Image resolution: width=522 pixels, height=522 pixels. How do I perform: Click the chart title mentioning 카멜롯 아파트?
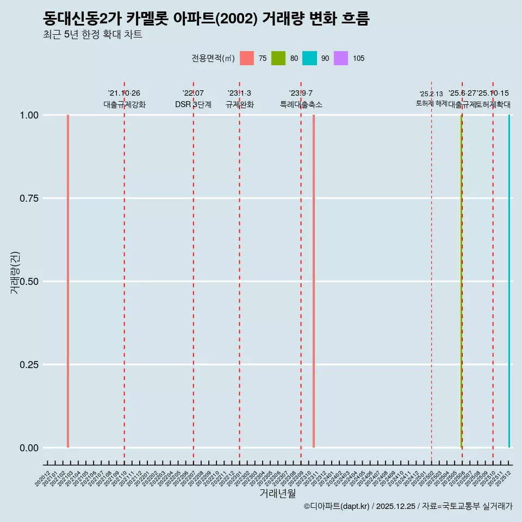(206, 19)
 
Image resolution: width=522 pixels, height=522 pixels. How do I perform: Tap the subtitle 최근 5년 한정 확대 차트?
(92, 35)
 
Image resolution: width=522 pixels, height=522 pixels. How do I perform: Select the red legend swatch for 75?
(247, 58)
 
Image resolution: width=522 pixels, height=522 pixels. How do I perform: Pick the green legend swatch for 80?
(278, 58)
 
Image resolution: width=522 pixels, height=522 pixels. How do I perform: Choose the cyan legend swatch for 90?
(309, 58)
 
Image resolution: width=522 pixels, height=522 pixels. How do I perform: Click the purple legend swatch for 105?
(341, 58)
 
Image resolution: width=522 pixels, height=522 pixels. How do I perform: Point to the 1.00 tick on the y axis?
(28, 115)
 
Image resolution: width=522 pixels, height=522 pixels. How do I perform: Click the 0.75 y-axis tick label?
(28, 198)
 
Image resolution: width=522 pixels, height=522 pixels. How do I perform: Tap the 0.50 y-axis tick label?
(28, 282)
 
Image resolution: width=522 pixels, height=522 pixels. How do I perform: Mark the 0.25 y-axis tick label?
(28, 365)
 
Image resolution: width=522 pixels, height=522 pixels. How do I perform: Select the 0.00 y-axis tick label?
(28, 448)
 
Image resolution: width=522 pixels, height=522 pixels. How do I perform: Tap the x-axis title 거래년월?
(278, 493)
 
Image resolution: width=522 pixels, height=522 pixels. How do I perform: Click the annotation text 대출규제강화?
(125, 104)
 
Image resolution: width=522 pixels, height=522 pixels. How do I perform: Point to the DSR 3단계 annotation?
(193, 104)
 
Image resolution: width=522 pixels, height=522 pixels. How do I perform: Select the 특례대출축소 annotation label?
(301, 104)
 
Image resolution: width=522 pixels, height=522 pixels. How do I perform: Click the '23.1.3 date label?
(239, 94)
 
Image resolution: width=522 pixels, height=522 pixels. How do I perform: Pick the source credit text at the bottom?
(408, 506)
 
